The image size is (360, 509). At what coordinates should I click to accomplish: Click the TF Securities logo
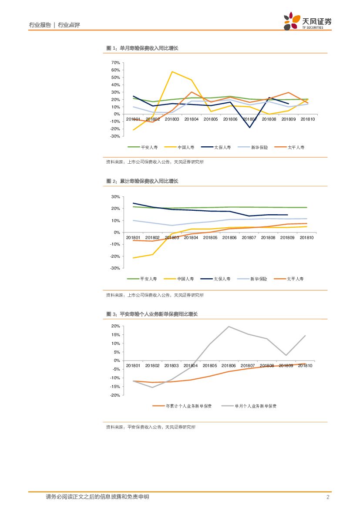tap(307, 21)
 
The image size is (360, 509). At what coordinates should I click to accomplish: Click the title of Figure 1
tap(142, 48)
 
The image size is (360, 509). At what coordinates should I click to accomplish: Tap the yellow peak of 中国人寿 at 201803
tap(172, 71)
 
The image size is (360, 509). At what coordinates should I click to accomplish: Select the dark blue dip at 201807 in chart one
tap(250, 127)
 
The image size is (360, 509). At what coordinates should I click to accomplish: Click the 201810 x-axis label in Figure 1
tap(307, 119)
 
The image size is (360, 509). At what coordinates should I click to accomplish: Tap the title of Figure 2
tap(142, 181)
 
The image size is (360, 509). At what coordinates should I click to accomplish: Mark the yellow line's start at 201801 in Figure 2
tap(133, 258)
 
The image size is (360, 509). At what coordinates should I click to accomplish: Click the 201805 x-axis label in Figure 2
tap(210, 238)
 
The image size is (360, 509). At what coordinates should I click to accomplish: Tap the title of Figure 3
tap(152, 314)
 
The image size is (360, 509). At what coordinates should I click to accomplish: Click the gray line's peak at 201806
tap(229, 327)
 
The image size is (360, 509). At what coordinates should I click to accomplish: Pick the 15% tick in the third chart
tap(115, 334)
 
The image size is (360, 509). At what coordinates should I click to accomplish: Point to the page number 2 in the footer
tap(327, 497)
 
